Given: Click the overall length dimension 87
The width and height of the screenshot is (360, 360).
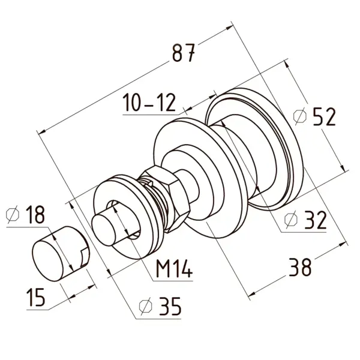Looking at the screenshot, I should (183, 53).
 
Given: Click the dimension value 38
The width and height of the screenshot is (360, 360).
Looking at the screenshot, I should (299, 266).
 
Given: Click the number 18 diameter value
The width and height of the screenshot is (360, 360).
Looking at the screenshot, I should (34, 215).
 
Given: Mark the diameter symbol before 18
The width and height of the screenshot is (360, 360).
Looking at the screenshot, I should (13, 215).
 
